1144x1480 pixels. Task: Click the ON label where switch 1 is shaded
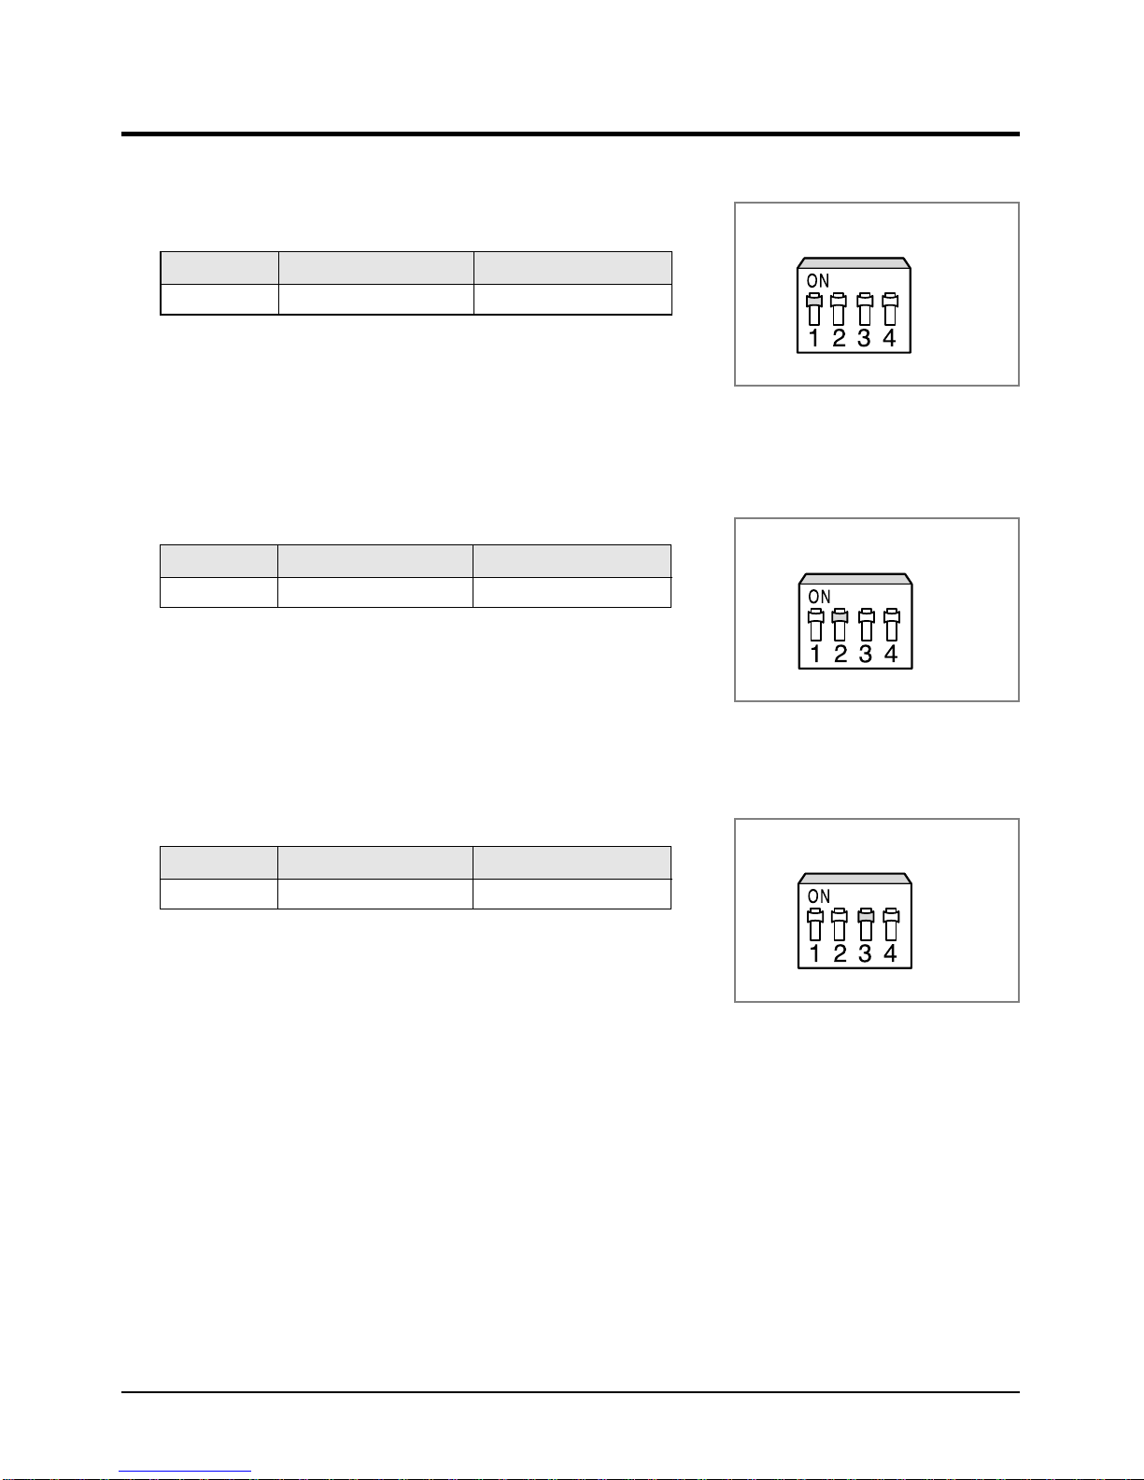click(x=818, y=281)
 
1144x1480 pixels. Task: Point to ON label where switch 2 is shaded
click(x=819, y=597)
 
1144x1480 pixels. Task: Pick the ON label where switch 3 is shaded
click(x=819, y=896)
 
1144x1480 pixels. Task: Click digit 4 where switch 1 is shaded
click(x=889, y=338)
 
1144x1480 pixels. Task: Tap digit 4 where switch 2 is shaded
click(x=891, y=654)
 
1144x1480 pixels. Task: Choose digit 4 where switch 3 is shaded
click(x=890, y=953)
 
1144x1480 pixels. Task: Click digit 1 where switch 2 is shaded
click(x=815, y=654)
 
